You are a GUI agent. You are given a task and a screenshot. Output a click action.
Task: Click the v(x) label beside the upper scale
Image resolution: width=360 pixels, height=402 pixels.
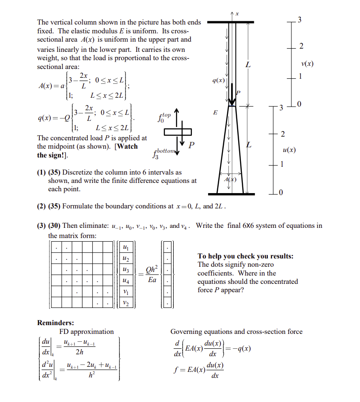(x=307, y=63)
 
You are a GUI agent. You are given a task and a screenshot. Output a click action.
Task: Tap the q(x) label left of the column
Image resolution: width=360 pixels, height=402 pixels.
(x=218, y=81)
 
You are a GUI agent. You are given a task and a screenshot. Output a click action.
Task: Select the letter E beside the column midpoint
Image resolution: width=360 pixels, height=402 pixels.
(x=215, y=112)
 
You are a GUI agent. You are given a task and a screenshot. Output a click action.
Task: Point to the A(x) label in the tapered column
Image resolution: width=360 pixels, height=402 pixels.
(x=230, y=179)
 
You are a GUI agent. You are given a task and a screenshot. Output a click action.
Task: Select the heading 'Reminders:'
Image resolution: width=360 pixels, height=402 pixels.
(x=56, y=323)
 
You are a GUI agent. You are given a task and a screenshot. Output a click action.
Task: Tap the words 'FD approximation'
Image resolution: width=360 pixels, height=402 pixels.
(x=86, y=332)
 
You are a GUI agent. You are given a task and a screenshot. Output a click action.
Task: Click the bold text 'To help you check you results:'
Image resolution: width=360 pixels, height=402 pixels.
(x=245, y=256)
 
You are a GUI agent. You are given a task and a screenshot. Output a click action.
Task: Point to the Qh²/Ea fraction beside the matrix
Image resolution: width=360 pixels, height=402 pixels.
(x=152, y=275)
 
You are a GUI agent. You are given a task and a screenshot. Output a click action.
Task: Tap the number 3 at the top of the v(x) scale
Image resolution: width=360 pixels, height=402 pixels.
(x=299, y=19)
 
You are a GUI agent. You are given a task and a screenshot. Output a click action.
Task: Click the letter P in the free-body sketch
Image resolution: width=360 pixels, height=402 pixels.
(x=192, y=145)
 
